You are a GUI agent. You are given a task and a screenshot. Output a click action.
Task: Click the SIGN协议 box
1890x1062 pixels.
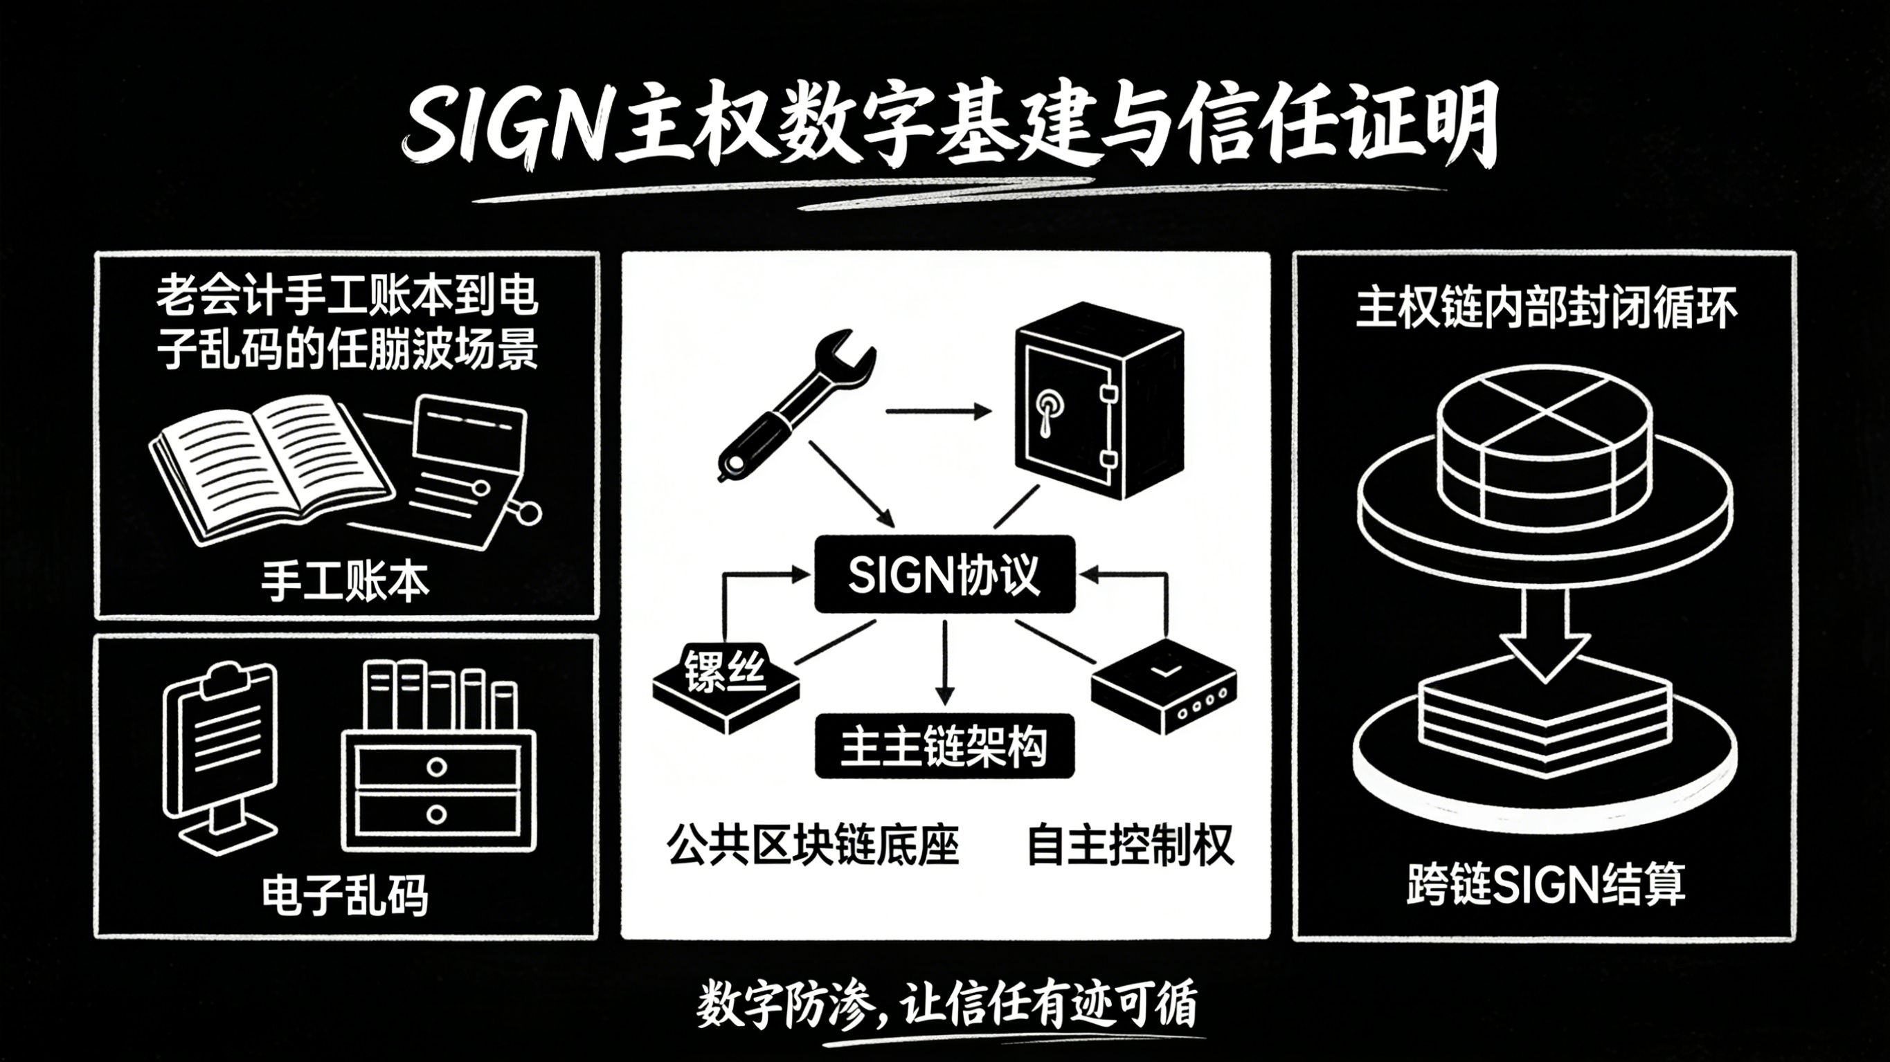(944, 574)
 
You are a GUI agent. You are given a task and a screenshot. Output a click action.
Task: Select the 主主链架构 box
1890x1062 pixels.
(944, 747)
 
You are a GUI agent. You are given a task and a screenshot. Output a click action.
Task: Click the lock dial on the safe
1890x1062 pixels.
(1048, 404)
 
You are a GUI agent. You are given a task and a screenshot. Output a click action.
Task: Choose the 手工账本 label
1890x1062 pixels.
(345, 583)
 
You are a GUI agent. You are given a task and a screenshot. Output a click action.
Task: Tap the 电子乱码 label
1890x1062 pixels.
(345, 895)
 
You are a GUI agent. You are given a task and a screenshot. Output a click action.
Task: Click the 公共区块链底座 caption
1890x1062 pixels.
(813, 845)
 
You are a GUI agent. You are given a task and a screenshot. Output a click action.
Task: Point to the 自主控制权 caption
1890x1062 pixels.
(1130, 845)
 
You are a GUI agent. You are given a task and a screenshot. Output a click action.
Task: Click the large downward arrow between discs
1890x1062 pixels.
(1545, 634)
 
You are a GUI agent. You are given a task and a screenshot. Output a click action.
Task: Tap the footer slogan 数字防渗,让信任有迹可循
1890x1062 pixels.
(946, 1003)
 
